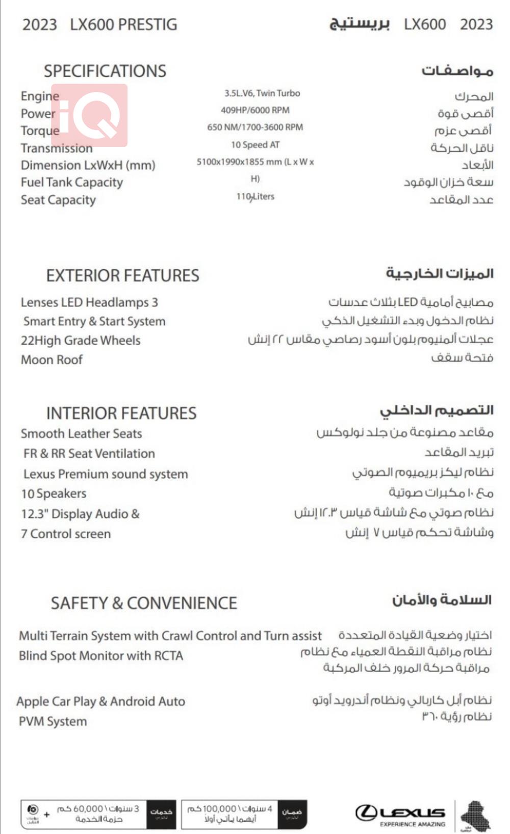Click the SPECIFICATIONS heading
point(105,71)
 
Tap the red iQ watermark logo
point(89,115)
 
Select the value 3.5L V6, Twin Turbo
point(262,93)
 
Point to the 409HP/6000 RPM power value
point(255,110)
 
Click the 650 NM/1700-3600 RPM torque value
point(255,127)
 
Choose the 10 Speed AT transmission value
point(255,145)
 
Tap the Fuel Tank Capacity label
point(72,183)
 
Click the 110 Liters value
point(255,197)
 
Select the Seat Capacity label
point(58,200)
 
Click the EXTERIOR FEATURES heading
point(122,276)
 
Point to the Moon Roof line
point(52,360)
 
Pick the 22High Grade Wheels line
point(81,341)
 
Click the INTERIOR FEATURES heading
point(121,413)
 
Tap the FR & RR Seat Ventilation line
point(89,454)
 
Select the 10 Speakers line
point(54,494)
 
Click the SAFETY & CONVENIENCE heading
point(143,603)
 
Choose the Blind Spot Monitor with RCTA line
point(101,656)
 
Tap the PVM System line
point(53,721)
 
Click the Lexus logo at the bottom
point(400,814)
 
